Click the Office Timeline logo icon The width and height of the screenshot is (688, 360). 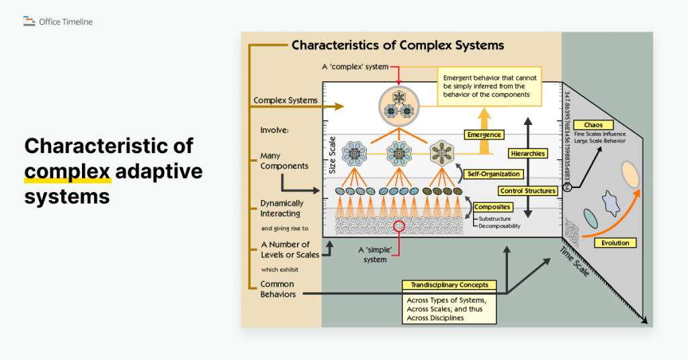click(29, 21)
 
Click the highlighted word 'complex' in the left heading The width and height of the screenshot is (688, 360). click(67, 171)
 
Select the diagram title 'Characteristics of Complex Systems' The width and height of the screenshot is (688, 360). click(398, 46)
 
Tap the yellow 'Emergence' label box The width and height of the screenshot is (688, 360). click(484, 135)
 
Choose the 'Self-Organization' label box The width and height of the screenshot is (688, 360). click(493, 174)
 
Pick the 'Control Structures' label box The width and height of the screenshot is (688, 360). click(528, 191)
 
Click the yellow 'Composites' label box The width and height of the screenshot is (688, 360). click(492, 207)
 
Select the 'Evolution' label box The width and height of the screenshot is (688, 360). click(615, 243)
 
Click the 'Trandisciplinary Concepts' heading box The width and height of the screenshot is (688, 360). click(449, 285)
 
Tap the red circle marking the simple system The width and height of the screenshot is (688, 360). click(400, 227)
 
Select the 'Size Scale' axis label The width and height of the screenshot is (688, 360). click(332, 157)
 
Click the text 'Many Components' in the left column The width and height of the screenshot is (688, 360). click(284, 161)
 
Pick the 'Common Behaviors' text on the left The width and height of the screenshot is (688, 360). click(277, 289)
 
